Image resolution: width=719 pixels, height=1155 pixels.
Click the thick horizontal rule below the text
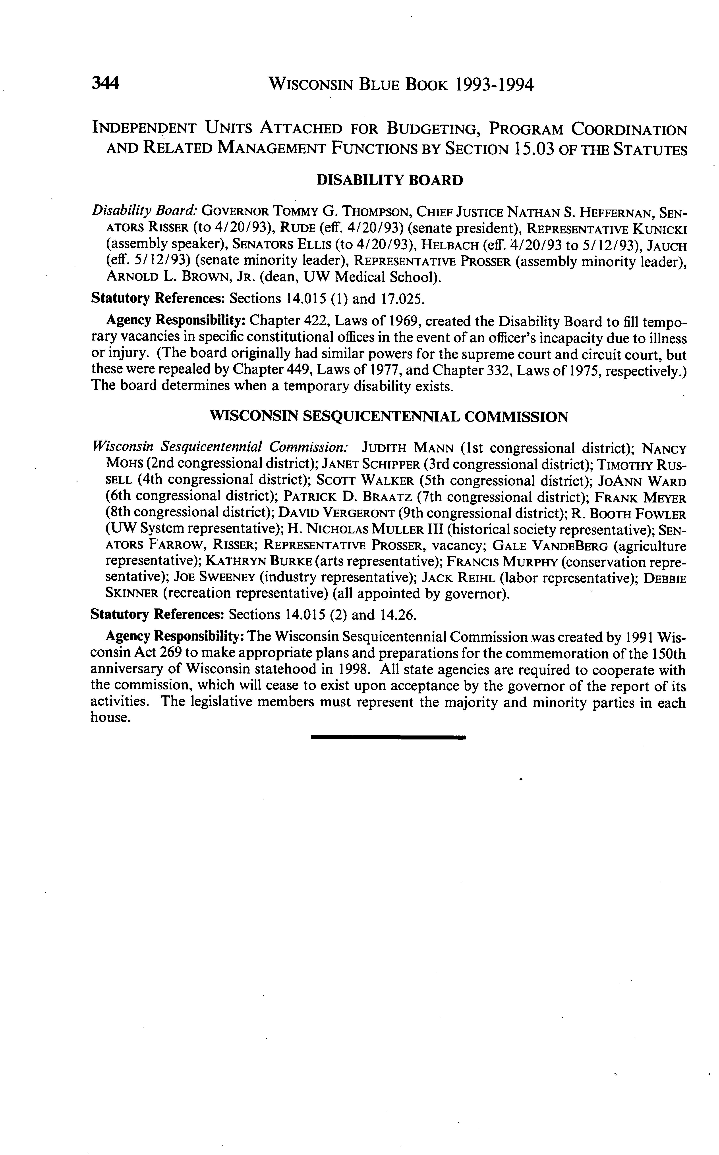pyautogui.click(x=388, y=737)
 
